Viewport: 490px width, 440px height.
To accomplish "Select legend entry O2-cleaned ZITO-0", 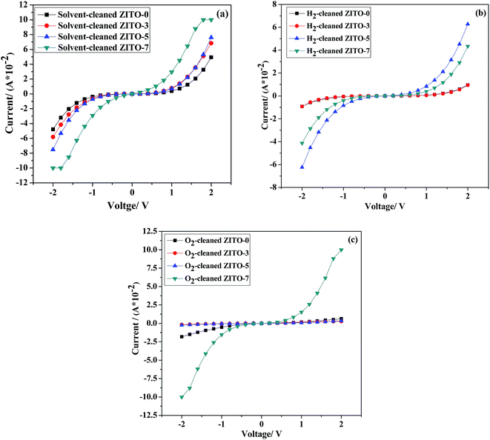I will tap(216, 240).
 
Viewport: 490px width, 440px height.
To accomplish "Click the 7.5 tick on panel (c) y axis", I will tap(155, 268).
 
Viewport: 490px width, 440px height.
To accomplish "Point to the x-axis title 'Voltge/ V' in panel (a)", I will tap(131, 210).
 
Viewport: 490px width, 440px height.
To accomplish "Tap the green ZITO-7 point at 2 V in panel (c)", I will tap(341, 250).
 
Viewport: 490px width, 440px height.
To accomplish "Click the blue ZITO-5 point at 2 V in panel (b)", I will tap(467, 24).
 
